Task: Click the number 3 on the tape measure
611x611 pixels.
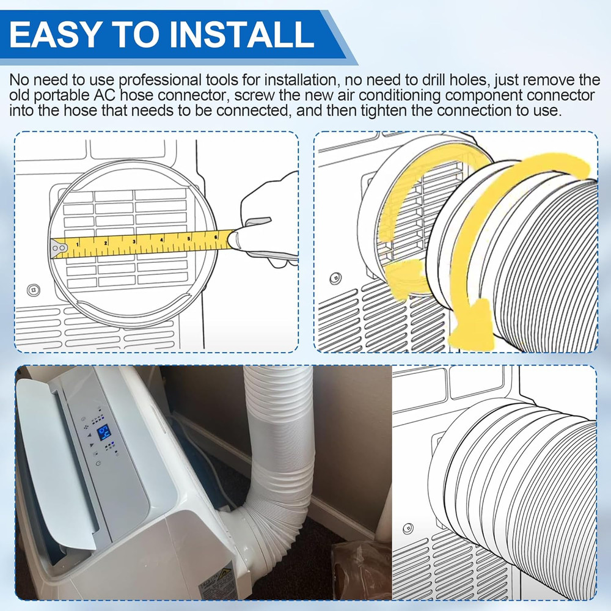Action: tap(133, 242)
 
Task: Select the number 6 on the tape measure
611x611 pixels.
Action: tap(217, 236)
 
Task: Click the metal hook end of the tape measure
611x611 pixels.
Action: tap(60, 247)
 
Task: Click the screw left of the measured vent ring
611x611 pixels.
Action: tap(34, 289)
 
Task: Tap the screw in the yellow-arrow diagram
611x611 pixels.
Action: tap(335, 278)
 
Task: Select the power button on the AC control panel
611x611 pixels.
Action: tap(98, 467)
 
